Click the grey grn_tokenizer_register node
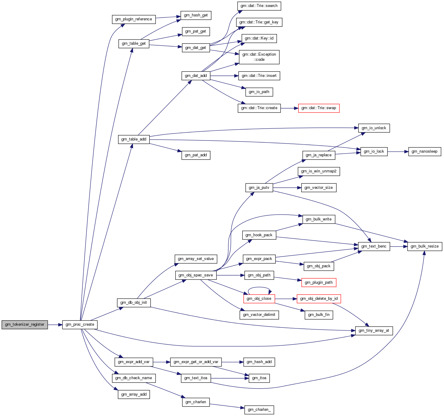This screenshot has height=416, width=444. (25, 325)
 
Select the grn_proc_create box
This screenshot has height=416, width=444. (80, 325)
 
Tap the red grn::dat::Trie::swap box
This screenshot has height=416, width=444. (319, 108)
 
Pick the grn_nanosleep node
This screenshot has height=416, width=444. (424, 151)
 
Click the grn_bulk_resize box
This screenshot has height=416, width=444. (425, 246)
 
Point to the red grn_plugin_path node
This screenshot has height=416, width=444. (319, 283)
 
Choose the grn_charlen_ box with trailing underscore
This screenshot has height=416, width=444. (259, 410)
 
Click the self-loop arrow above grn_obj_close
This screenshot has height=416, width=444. (259, 287)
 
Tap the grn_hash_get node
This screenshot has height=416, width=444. (196, 16)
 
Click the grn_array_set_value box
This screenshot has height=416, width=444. (196, 259)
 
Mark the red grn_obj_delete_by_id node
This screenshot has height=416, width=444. (319, 299)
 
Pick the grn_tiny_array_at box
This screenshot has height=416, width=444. (374, 331)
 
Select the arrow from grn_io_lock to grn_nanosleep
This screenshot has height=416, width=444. (398, 152)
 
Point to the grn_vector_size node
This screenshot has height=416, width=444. (319, 188)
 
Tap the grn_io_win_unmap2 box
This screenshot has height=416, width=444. (319, 172)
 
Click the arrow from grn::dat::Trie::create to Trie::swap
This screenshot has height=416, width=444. (289, 108)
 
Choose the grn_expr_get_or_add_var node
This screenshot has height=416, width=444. (196, 362)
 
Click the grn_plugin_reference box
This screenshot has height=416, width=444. (134, 19)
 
